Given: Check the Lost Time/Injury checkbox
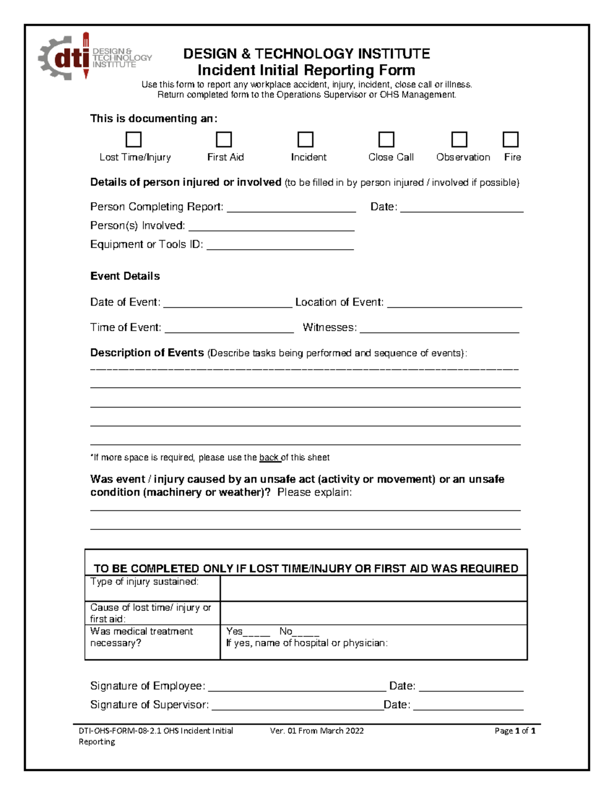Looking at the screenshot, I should [x=134, y=140].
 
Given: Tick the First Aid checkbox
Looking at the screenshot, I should [x=224, y=140].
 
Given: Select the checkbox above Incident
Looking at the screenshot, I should [x=305, y=140].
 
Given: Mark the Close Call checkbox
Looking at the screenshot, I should [x=386, y=140].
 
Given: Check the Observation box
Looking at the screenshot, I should [x=459, y=140].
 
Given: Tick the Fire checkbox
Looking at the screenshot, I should [x=511, y=140].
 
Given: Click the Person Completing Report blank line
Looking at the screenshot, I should [x=291, y=208].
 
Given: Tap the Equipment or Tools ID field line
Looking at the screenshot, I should [x=280, y=246].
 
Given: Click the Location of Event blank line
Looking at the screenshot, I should [x=454, y=303].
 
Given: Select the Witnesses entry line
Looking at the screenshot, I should [x=439, y=329].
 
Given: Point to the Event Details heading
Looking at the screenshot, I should [x=125, y=276].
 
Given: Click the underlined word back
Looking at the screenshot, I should [x=269, y=458].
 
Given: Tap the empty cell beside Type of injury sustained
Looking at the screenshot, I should [x=374, y=588].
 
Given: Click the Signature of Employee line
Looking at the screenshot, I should [x=297, y=687].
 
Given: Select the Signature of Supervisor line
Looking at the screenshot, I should [x=297, y=706].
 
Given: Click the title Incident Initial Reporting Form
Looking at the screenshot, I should [x=306, y=70].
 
